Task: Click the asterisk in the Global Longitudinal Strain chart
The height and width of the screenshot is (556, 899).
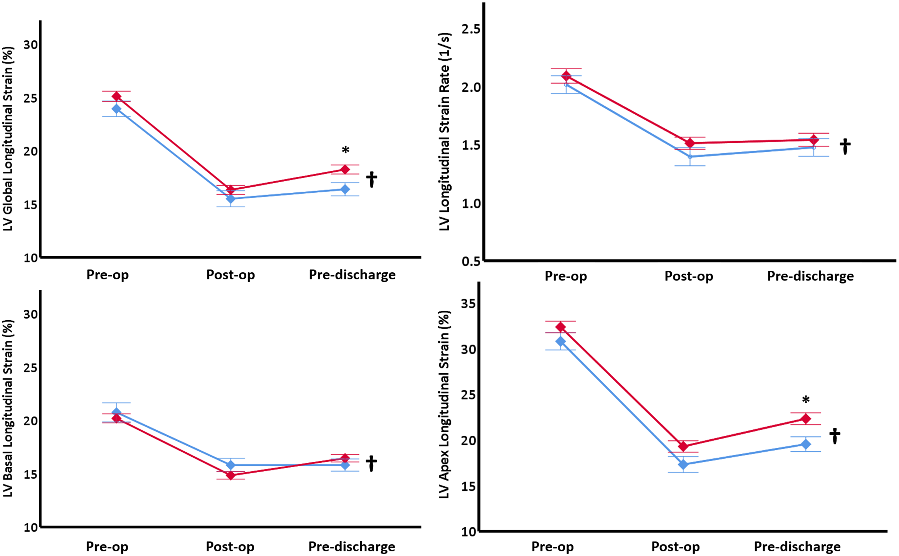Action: click(x=345, y=150)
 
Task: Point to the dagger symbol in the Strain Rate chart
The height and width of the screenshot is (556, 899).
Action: click(x=845, y=146)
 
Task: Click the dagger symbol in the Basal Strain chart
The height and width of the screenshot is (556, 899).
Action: click(x=372, y=463)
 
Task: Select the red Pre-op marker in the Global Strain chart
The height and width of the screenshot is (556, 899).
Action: click(x=116, y=97)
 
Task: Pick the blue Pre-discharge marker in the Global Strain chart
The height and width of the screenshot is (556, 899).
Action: click(x=345, y=189)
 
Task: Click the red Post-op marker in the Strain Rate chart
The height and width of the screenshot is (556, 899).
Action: click(x=690, y=143)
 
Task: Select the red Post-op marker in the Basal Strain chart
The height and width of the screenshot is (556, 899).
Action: click(x=231, y=475)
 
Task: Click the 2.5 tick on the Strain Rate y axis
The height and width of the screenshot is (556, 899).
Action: click(x=471, y=29)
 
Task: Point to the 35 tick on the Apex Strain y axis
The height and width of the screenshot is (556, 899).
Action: click(x=468, y=304)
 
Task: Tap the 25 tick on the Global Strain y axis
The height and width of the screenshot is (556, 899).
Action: click(x=31, y=98)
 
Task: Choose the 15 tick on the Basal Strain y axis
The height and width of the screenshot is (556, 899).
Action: click(x=31, y=474)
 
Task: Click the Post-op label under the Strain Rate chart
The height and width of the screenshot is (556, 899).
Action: click(x=689, y=276)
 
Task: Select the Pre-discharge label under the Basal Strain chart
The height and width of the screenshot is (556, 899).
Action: click(x=352, y=546)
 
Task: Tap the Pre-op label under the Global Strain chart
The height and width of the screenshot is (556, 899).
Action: click(x=107, y=275)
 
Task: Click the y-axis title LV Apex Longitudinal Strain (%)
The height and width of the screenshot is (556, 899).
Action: click(x=445, y=404)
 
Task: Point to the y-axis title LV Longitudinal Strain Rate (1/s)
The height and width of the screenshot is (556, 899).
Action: click(x=445, y=132)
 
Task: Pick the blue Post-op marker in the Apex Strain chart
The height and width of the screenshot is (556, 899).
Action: click(x=683, y=464)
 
